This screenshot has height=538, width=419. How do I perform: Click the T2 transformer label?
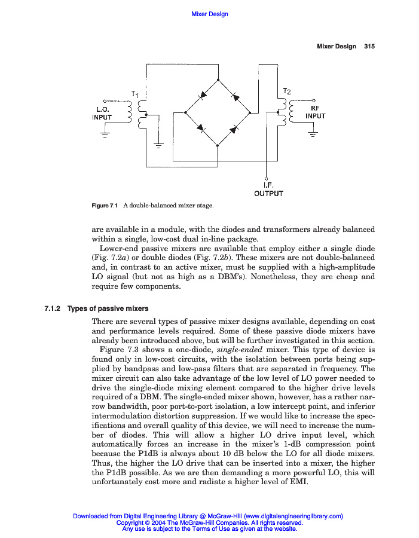pyautogui.click(x=287, y=91)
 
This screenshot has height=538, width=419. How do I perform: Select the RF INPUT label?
pyautogui.click(x=315, y=112)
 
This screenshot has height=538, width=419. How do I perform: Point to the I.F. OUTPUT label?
pyautogui.click(x=268, y=189)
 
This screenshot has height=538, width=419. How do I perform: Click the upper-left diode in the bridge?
pyautogui.click(x=203, y=95)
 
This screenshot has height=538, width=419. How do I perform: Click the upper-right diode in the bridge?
pyautogui.click(x=234, y=95)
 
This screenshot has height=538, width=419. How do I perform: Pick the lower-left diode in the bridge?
pyautogui.click(x=201, y=127)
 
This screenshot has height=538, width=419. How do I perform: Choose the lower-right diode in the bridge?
pyautogui.click(x=235, y=127)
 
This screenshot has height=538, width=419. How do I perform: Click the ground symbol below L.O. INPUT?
pyautogui.click(x=105, y=135)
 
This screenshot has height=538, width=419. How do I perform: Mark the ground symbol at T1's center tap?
pyautogui.click(x=158, y=145)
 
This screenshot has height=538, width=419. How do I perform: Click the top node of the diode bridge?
pyautogui.click(x=218, y=80)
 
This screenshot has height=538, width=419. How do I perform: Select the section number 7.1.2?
pyautogui.click(x=53, y=309)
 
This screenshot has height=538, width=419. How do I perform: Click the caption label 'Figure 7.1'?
pyautogui.click(x=105, y=206)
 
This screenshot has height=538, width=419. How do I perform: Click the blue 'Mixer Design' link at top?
pyautogui.click(x=209, y=14)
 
